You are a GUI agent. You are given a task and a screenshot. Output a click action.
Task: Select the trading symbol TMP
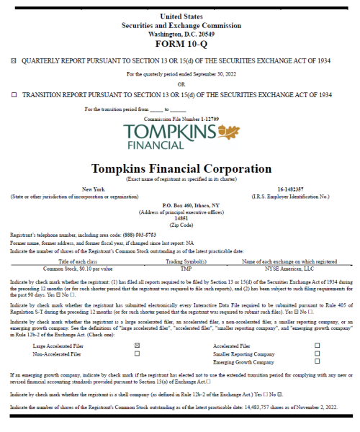(x=186, y=267)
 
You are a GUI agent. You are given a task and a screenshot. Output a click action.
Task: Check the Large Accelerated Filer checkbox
(x=137, y=346)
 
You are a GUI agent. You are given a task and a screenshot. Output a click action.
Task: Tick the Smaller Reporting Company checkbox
(x=318, y=354)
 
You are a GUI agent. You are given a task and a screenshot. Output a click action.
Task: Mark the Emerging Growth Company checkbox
(x=318, y=363)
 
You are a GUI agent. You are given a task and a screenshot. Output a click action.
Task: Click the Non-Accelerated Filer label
(x=57, y=354)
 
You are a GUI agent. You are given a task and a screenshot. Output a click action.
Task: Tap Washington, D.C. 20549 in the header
(x=181, y=33)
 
